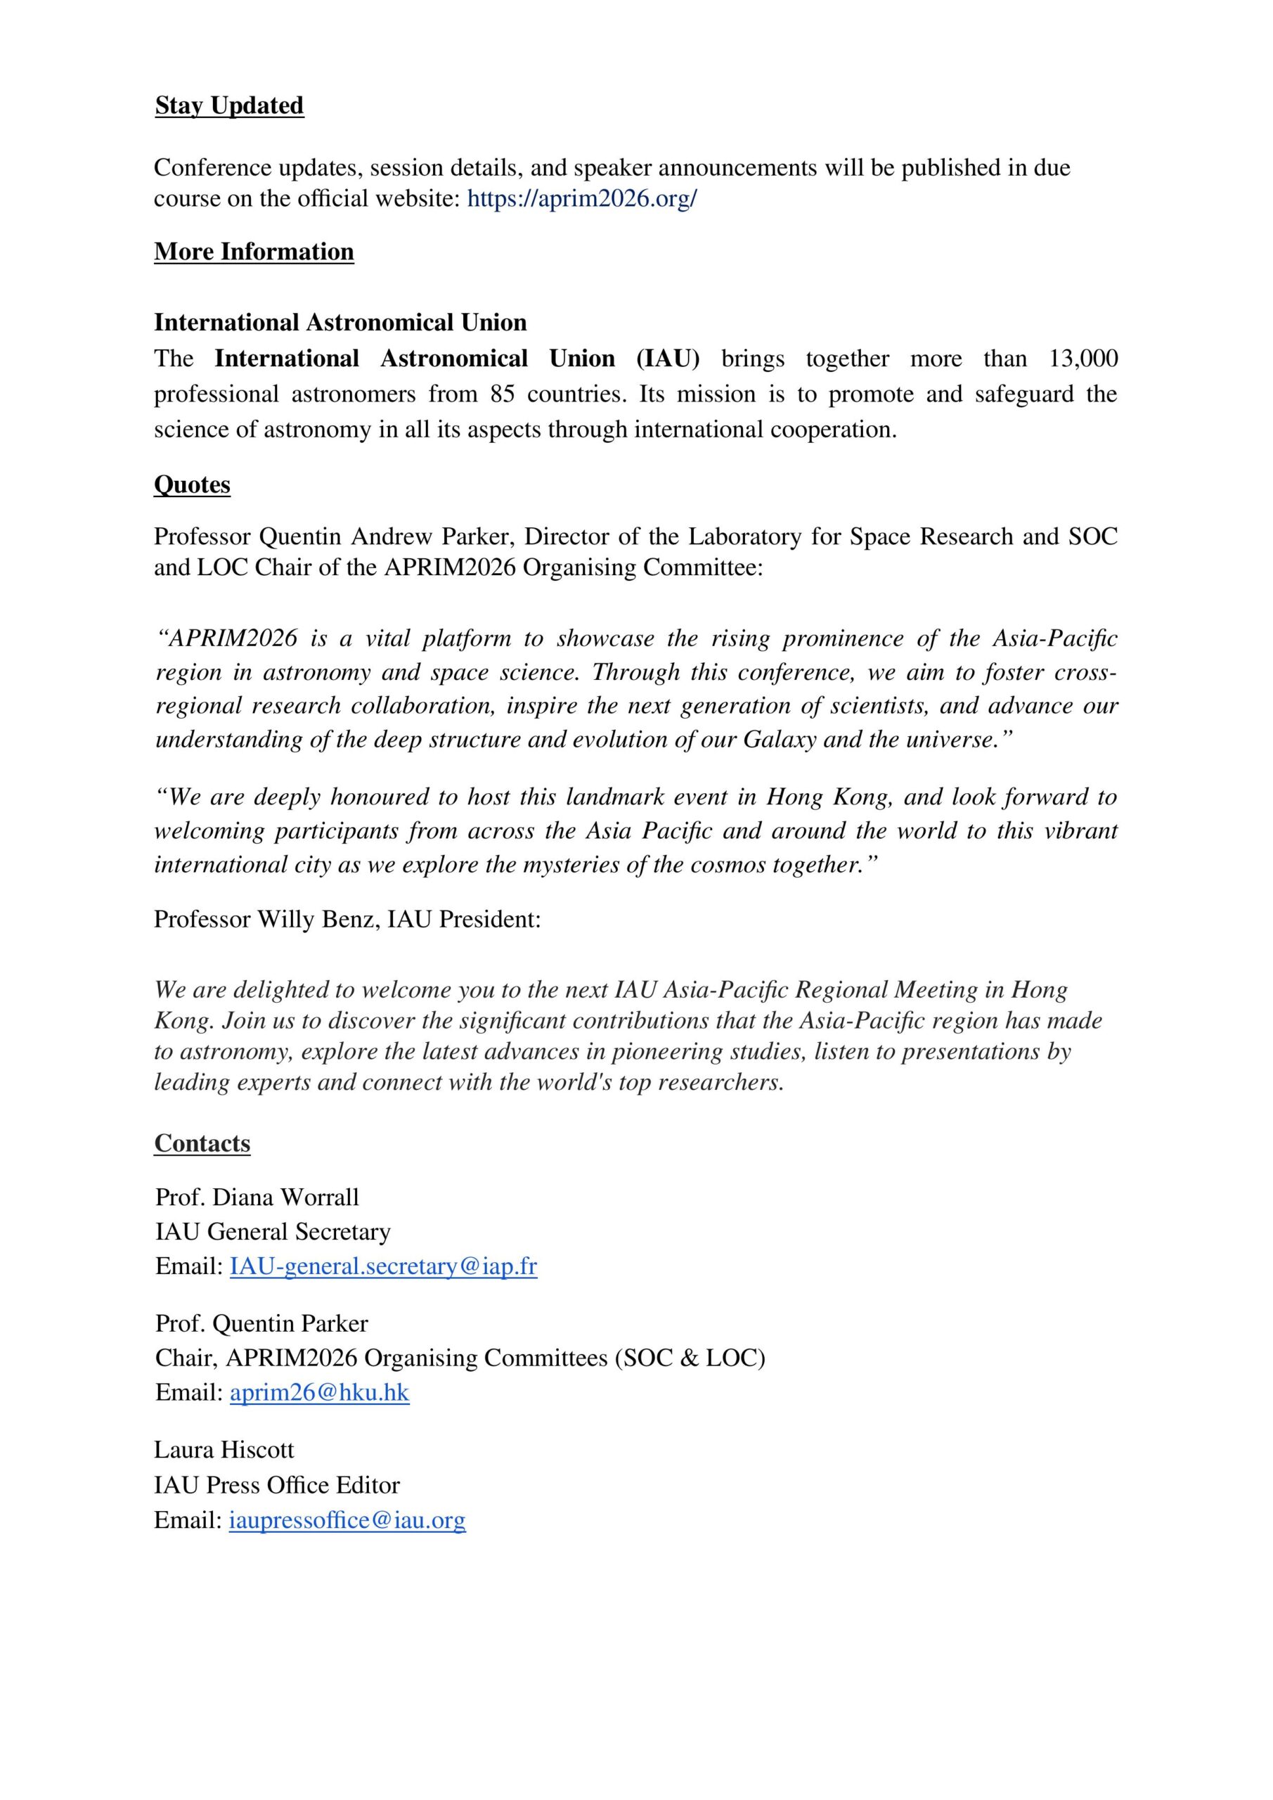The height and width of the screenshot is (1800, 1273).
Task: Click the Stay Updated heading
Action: [229, 106]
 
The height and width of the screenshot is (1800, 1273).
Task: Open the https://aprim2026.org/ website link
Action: [581, 198]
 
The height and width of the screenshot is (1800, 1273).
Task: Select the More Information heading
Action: [254, 252]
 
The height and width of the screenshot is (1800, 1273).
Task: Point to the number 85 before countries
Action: [503, 394]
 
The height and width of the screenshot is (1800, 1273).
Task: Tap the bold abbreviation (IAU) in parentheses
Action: [668, 359]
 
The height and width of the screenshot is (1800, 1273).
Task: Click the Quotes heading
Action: [192, 484]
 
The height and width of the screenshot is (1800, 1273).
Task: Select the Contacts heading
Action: [202, 1143]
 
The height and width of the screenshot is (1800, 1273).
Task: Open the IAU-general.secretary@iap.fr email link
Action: [383, 1266]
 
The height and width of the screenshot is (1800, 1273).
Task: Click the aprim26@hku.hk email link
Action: [319, 1392]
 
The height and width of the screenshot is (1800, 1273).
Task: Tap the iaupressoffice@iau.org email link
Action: [347, 1520]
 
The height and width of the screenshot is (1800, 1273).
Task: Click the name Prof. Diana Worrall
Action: [257, 1197]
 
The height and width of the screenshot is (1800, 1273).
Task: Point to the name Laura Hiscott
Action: [224, 1450]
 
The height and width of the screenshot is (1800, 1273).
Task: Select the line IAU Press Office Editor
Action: [277, 1485]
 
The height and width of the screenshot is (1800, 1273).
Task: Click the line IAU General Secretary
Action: [273, 1232]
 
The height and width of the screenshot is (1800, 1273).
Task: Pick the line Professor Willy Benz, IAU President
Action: [347, 919]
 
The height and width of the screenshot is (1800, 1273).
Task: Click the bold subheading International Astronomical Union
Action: [340, 322]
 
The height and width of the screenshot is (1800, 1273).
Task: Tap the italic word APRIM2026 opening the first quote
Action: [233, 638]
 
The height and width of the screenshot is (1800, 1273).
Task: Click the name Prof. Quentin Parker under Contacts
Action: [261, 1323]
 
